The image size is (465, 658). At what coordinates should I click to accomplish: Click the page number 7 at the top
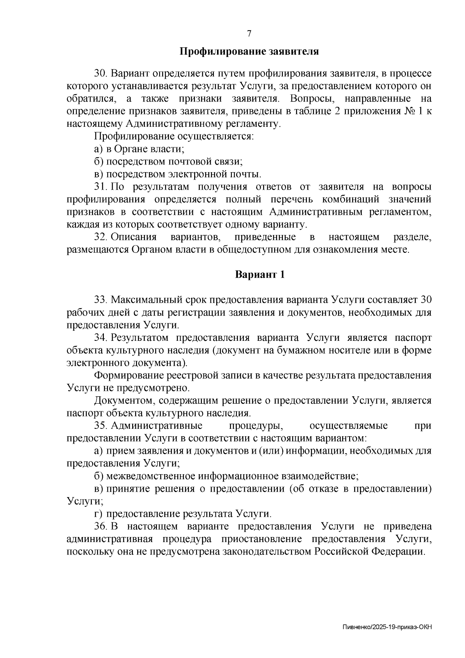[x=249, y=33]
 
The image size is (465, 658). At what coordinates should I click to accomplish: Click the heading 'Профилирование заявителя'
[x=249, y=51]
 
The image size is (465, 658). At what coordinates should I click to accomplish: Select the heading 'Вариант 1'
[x=260, y=275]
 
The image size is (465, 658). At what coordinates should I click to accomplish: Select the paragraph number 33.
[x=101, y=300]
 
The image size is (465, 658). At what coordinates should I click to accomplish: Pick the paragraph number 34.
[x=101, y=338]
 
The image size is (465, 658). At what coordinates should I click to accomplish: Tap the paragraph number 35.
[x=101, y=426]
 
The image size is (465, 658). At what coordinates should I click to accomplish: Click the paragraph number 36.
[x=101, y=527]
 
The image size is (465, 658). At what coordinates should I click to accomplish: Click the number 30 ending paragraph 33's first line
[x=426, y=300]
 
